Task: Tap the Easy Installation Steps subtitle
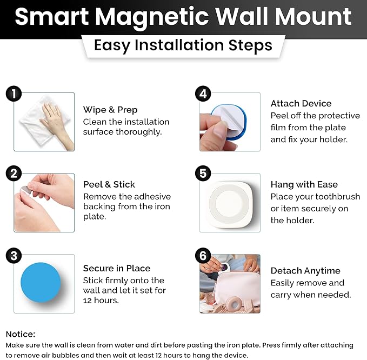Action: pyautogui.click(x=183, y=45)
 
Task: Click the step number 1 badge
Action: pyautogui.click(x=14, y=94)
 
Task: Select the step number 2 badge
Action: pyautogui.click(x=14, y=174)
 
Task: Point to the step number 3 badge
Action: pyautogui.click(x=14, y=255)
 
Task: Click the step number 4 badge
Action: pyautogui.click(x=203, y=94)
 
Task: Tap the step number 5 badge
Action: pyautogui.click(x=203, y=174)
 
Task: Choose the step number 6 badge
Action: pyautogui.click(x=203, y=255)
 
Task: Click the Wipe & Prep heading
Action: pyautogui.click(x=110, y=110)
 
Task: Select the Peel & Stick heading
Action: pyautogui.click(x=109, y=184)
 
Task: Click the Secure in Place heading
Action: pyautogui.click(x=117, y=268)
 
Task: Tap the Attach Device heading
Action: pyautogui.click(x=301, y=103)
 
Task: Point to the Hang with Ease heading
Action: pyautogui.click(x=304, y=184)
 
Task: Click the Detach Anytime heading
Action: pyautogui.click(x=305, y=271)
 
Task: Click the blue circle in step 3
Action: pyautogui.click(x=41, y=283)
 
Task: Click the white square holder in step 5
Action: pyautogui.click(x=230, y=203)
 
